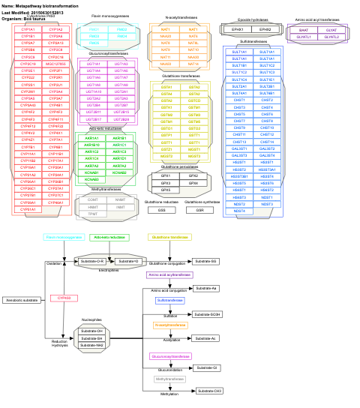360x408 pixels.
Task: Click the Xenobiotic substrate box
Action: click(x=22, y=300)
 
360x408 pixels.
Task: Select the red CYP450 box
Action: click(x=64, y=298)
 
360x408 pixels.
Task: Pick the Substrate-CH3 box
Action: click(x=206, y=391)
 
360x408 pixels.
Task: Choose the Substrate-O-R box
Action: click(x=91, y=261)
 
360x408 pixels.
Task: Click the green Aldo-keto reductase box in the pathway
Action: click(x=110, y=237)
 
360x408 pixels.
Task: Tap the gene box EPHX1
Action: click(x=238, y=28)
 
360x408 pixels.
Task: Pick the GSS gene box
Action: click(x=162, y=211)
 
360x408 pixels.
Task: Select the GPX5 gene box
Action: click(x=166, y=190)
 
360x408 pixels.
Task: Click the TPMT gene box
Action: click(x=92, y=214)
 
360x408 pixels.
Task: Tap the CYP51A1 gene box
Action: click(x=28, y=154)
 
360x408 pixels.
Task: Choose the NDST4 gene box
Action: click(x=239, y=211)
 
